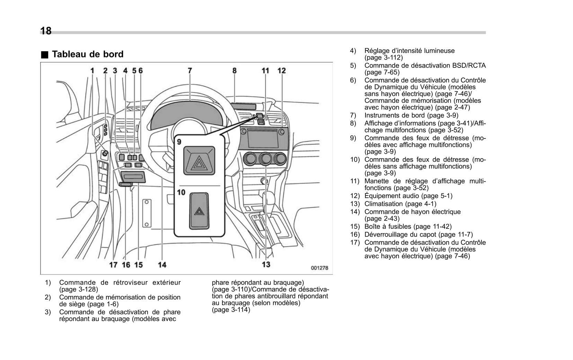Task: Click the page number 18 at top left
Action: click(46, 31)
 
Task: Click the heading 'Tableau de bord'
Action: click(87, 54)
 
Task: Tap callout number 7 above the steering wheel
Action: click(190, 71)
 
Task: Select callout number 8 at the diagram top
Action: click(235, 71)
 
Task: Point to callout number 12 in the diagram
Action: click(282, 71)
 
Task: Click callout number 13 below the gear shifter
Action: click(266, 264)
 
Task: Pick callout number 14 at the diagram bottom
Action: click(162, 265)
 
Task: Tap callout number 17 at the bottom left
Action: click(113, 265)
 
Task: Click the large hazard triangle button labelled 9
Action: click(199, 161)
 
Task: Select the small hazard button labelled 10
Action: click(199, 211)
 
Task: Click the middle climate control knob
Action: click(265, 159)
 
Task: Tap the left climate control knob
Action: click(250, 159)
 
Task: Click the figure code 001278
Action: click(319, 268)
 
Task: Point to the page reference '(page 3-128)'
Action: click(79, 289)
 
